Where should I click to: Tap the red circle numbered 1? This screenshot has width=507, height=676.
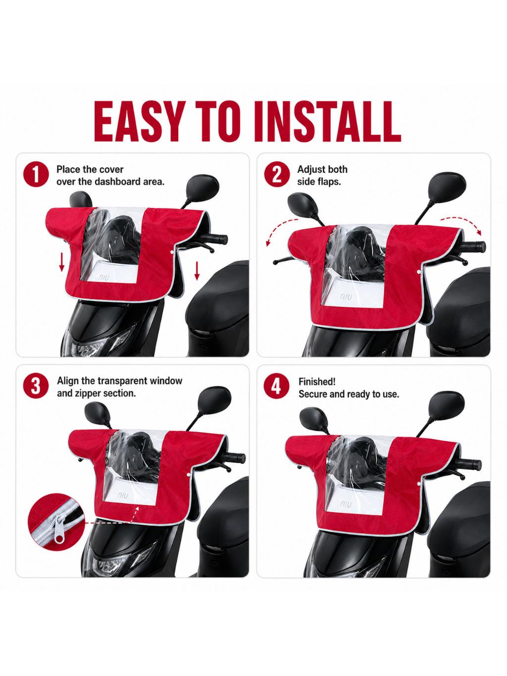click(36, 175)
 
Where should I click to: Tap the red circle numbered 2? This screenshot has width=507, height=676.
click(277, 175)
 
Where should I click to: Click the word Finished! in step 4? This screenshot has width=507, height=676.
click(317, 381)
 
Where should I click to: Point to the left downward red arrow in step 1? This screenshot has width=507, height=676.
click(62, 262)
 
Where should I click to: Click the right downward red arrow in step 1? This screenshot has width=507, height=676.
click(197, 271)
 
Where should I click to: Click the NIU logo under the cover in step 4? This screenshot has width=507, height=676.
click(346, 504)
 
